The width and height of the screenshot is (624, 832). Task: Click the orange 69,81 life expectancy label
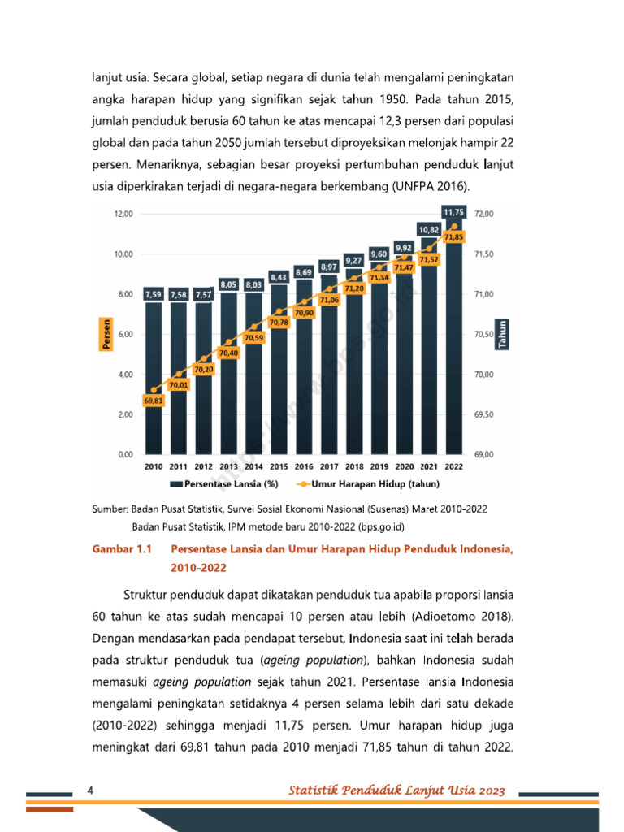154,401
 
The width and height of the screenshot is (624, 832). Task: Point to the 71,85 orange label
453,236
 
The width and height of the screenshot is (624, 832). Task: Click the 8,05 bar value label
228,284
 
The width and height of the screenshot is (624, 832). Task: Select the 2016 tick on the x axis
304,467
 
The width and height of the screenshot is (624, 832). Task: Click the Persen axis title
106,334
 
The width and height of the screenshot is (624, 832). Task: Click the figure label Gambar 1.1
121,549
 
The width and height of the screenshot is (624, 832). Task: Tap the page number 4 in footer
91,791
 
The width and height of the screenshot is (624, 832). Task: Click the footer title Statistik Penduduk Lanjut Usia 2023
398,791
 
